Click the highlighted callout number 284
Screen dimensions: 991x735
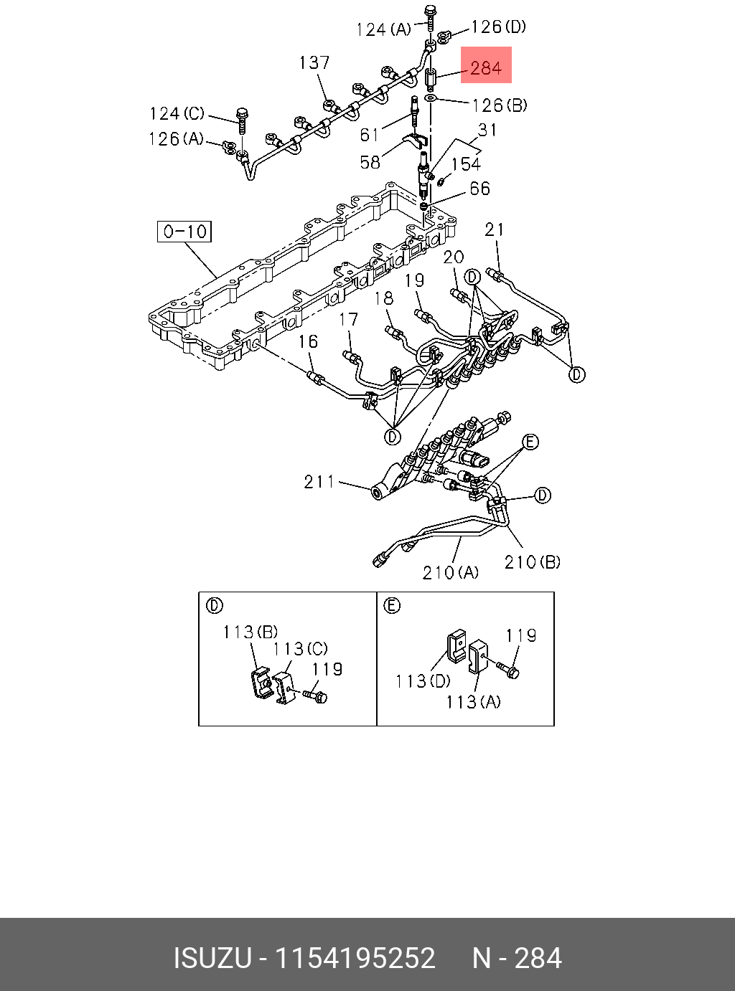click(486, 68)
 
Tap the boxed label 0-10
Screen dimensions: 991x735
click(184, 232)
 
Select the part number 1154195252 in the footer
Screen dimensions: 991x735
click(356, 958)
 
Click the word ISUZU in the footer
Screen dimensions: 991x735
click(212, 958)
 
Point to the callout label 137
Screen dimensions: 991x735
click(314, 63)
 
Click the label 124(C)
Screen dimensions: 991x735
click(177, 114)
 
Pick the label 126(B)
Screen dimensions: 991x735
click(500, 105)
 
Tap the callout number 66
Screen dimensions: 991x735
click(479, 189)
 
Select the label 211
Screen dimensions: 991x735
click(319, 482)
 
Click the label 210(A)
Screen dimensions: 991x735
click(450, 572)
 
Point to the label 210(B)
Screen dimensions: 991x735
click(532, 562)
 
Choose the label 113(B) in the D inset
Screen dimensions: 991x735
click(250, 632)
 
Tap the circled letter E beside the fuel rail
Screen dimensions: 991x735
click(530, 442)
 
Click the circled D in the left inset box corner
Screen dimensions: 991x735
click(214, 606)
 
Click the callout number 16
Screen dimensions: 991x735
click(308, 341)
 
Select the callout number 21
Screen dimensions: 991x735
click(495, 229)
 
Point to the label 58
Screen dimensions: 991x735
click(370, 162)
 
